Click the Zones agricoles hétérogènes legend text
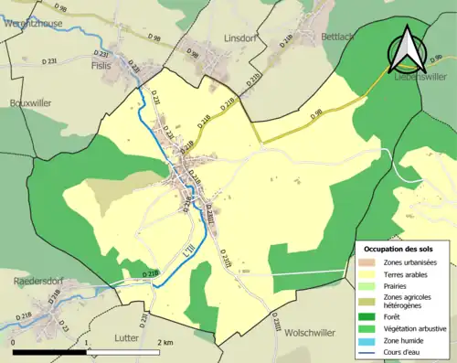(408, 300)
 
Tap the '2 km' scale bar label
(165, 342)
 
